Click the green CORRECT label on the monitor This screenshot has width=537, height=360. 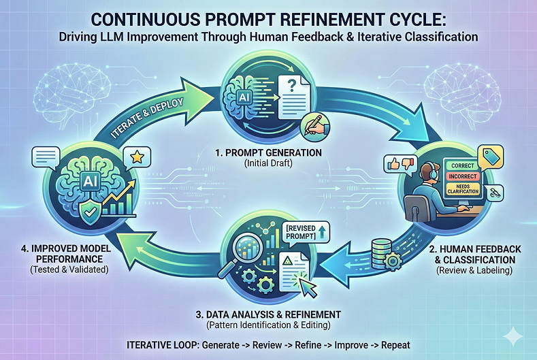pyautogui.click(x=462, y=165)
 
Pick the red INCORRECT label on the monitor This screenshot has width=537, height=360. pyautogui.click(x=462, y=176)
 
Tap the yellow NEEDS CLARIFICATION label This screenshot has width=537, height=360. pyautogui.click(x=462, y=189)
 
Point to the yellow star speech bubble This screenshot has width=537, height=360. pyautogui.click(x=135, y=157)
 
